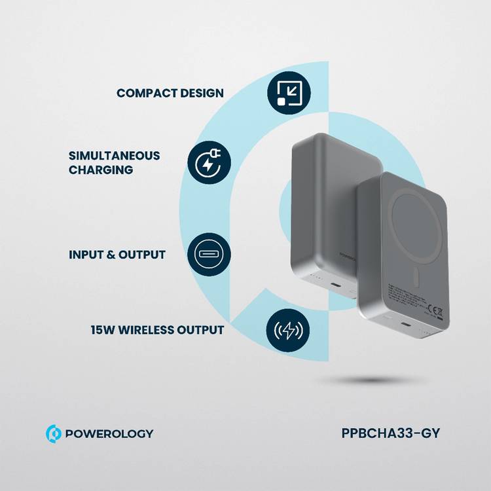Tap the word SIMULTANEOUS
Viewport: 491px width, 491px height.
pyautogui.click(x=114, y=156)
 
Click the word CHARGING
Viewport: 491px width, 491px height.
pyautogui.click(x=100, y=170)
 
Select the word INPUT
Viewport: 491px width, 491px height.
pyautogui.click(x=86, y=254)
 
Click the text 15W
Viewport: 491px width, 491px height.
pyautogui.click(x=103, y=330)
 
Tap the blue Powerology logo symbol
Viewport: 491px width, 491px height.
pyautogui.click(x=53, y=433)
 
